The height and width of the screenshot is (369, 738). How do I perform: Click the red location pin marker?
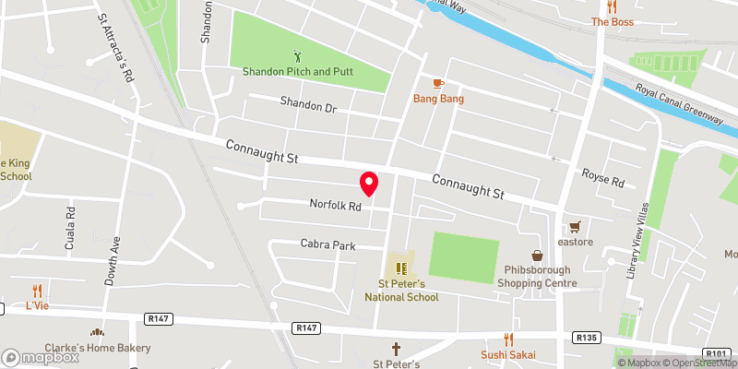click(x=369, y=184)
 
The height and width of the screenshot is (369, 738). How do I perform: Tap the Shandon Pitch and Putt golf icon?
click(x=297, y=56)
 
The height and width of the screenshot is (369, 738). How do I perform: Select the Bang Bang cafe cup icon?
click(x=438, y=84)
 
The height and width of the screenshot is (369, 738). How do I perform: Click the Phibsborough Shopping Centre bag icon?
click(x=536, y=255)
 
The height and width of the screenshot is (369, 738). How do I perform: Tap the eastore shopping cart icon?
click(x=575, y=226)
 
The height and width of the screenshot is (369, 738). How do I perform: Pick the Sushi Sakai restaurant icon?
click(x=507, y=339)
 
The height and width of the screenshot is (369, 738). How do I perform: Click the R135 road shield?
click(x=585, y=338)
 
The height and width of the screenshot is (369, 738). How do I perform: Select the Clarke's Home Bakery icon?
click(x=95, y=333)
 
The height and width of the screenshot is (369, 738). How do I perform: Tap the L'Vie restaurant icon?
click(x=37, y=290)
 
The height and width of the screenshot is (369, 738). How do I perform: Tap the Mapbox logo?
click(x=39, y=357)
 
